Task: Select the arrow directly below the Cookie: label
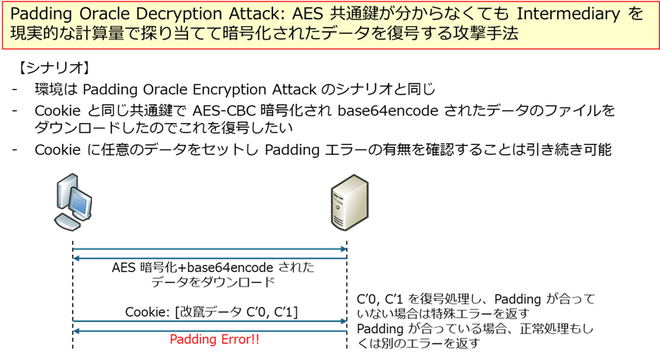pyautogui.click(x=209, y=321)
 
